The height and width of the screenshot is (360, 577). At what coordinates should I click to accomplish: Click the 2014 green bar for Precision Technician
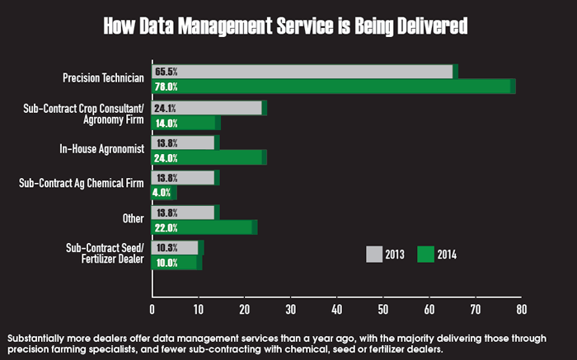click(330, 86)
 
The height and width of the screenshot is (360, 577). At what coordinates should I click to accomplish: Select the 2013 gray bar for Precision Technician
click(305, 72)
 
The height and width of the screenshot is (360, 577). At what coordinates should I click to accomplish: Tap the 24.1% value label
click(166, 108)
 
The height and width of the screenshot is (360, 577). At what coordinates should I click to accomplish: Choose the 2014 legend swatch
click(426, 255)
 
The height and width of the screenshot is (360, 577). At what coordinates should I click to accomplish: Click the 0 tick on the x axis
click(152, 309)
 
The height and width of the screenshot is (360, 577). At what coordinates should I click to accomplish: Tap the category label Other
click(132, 219)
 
